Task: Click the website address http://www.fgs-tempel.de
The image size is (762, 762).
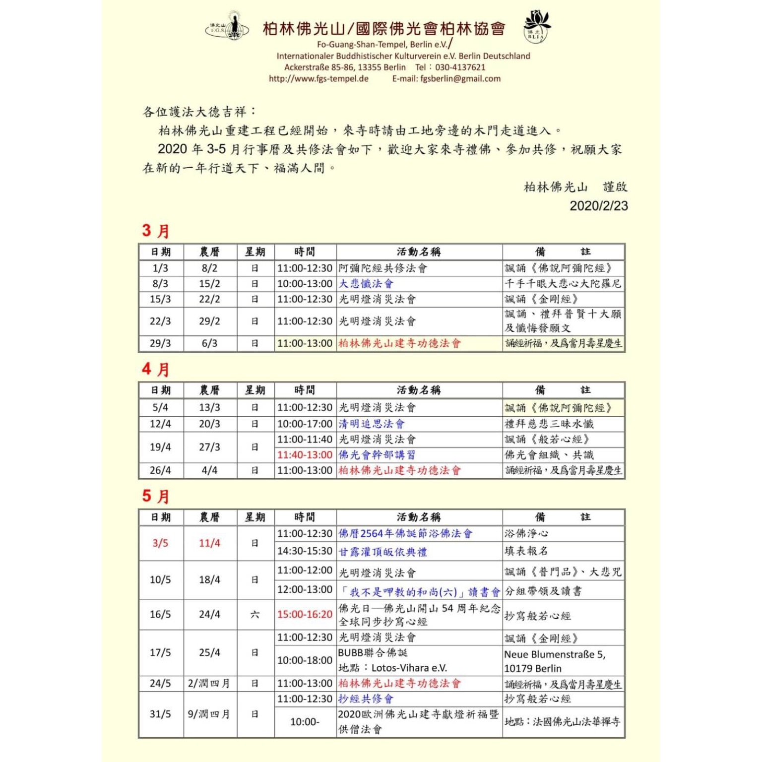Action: pyautogui.click(x=318, y=78)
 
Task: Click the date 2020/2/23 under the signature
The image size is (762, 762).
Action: pyautogui.click(x=598, y=206)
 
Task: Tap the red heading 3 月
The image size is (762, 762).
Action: pyautogui.click(x=156, y=231)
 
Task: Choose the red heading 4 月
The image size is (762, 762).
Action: pyautogui.click(x=156, y=369)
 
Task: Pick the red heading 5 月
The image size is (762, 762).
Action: pyautogui.click(x=156, y=496)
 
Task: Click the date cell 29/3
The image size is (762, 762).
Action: pyautogui.click(x=160, y=343)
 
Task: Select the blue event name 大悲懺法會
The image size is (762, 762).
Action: pyautogui.click(x=366, y=284)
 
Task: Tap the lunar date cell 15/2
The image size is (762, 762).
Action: pyautogui.click(x=209, y=284)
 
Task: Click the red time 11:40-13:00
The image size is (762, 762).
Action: pyautogui.click(x=305, y=455)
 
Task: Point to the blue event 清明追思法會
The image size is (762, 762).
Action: pyautogui.click(x=372, y=424)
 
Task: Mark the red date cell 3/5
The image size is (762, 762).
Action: pyautogui.click(x=160, y=543)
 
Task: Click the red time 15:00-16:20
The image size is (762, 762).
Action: pyautogui.click(x=305, y=614)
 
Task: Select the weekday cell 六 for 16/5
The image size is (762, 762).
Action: pyautogui.click(x=254, y=614)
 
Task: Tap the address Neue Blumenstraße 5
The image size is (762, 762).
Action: pyautogui.click(x=555, y=654)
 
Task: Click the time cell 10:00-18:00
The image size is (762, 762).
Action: pyautogui.click(x=305, y=660)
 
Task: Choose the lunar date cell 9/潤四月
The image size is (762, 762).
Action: pyautogui.click(x=209, y=714)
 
